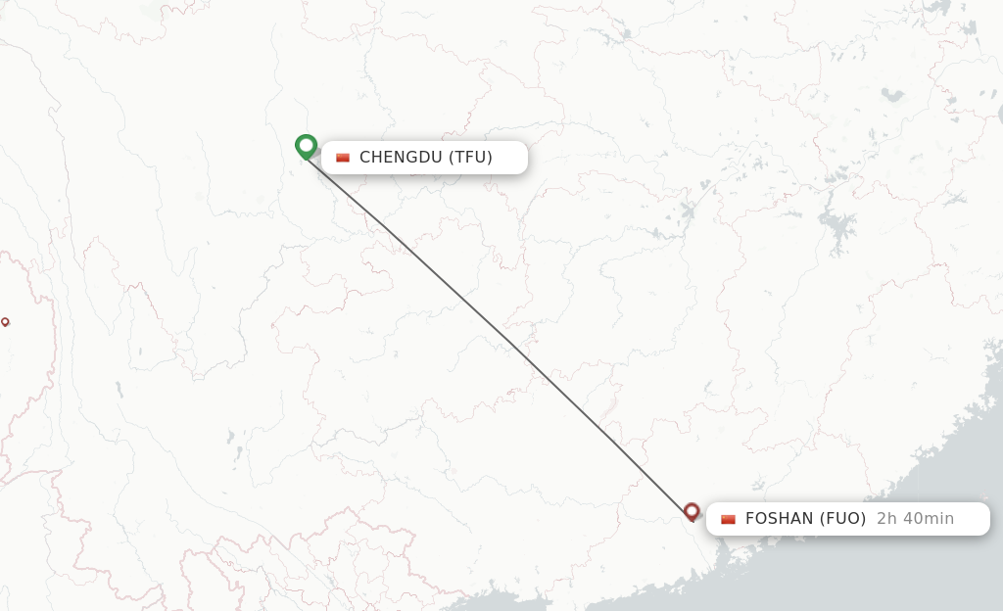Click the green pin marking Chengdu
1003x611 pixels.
(307, 147)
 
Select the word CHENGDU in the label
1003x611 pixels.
(401, 157)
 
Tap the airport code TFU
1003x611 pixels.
(470, 157)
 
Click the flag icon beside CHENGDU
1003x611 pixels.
(343, 158)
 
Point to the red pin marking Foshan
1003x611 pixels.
(692, 511)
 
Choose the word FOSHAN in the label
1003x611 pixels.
(780, 519)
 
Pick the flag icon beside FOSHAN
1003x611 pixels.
(728, 520)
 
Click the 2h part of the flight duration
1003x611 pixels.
(887, 519)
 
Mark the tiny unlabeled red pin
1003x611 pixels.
(5, 321)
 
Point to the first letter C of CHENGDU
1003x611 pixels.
(365, 157)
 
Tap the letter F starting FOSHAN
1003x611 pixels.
(750, 519)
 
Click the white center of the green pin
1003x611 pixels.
(307, 145)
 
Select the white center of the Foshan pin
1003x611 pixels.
(692, 509)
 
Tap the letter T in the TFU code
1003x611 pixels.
(458, 157)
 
